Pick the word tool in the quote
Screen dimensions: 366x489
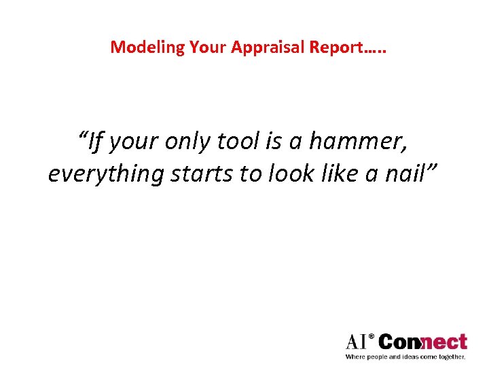click(239, 142)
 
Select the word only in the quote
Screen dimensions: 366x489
click(187, 142)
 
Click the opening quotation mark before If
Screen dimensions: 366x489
click(84, 135)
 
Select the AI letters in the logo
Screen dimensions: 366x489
click(355, 342)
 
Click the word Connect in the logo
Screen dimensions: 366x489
click(422, 342)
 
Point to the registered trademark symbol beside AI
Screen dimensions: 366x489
click(371, 335)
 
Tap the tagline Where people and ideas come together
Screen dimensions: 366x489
click(405, 357)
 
